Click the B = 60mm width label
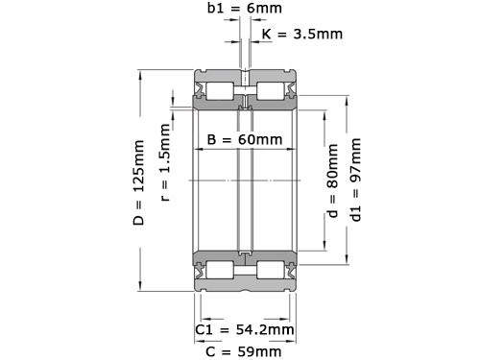pos(245,140)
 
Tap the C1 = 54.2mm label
pos(244,329)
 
